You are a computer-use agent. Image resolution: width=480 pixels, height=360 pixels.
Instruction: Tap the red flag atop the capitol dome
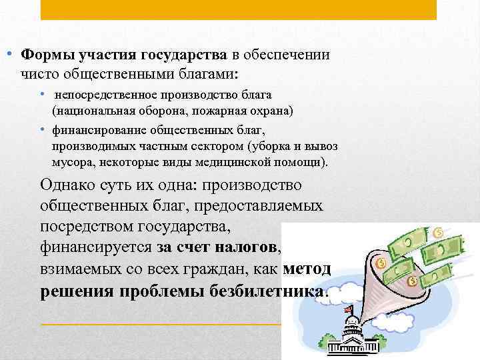[348, 309]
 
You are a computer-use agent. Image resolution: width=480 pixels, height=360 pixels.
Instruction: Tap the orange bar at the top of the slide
[239, 9]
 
